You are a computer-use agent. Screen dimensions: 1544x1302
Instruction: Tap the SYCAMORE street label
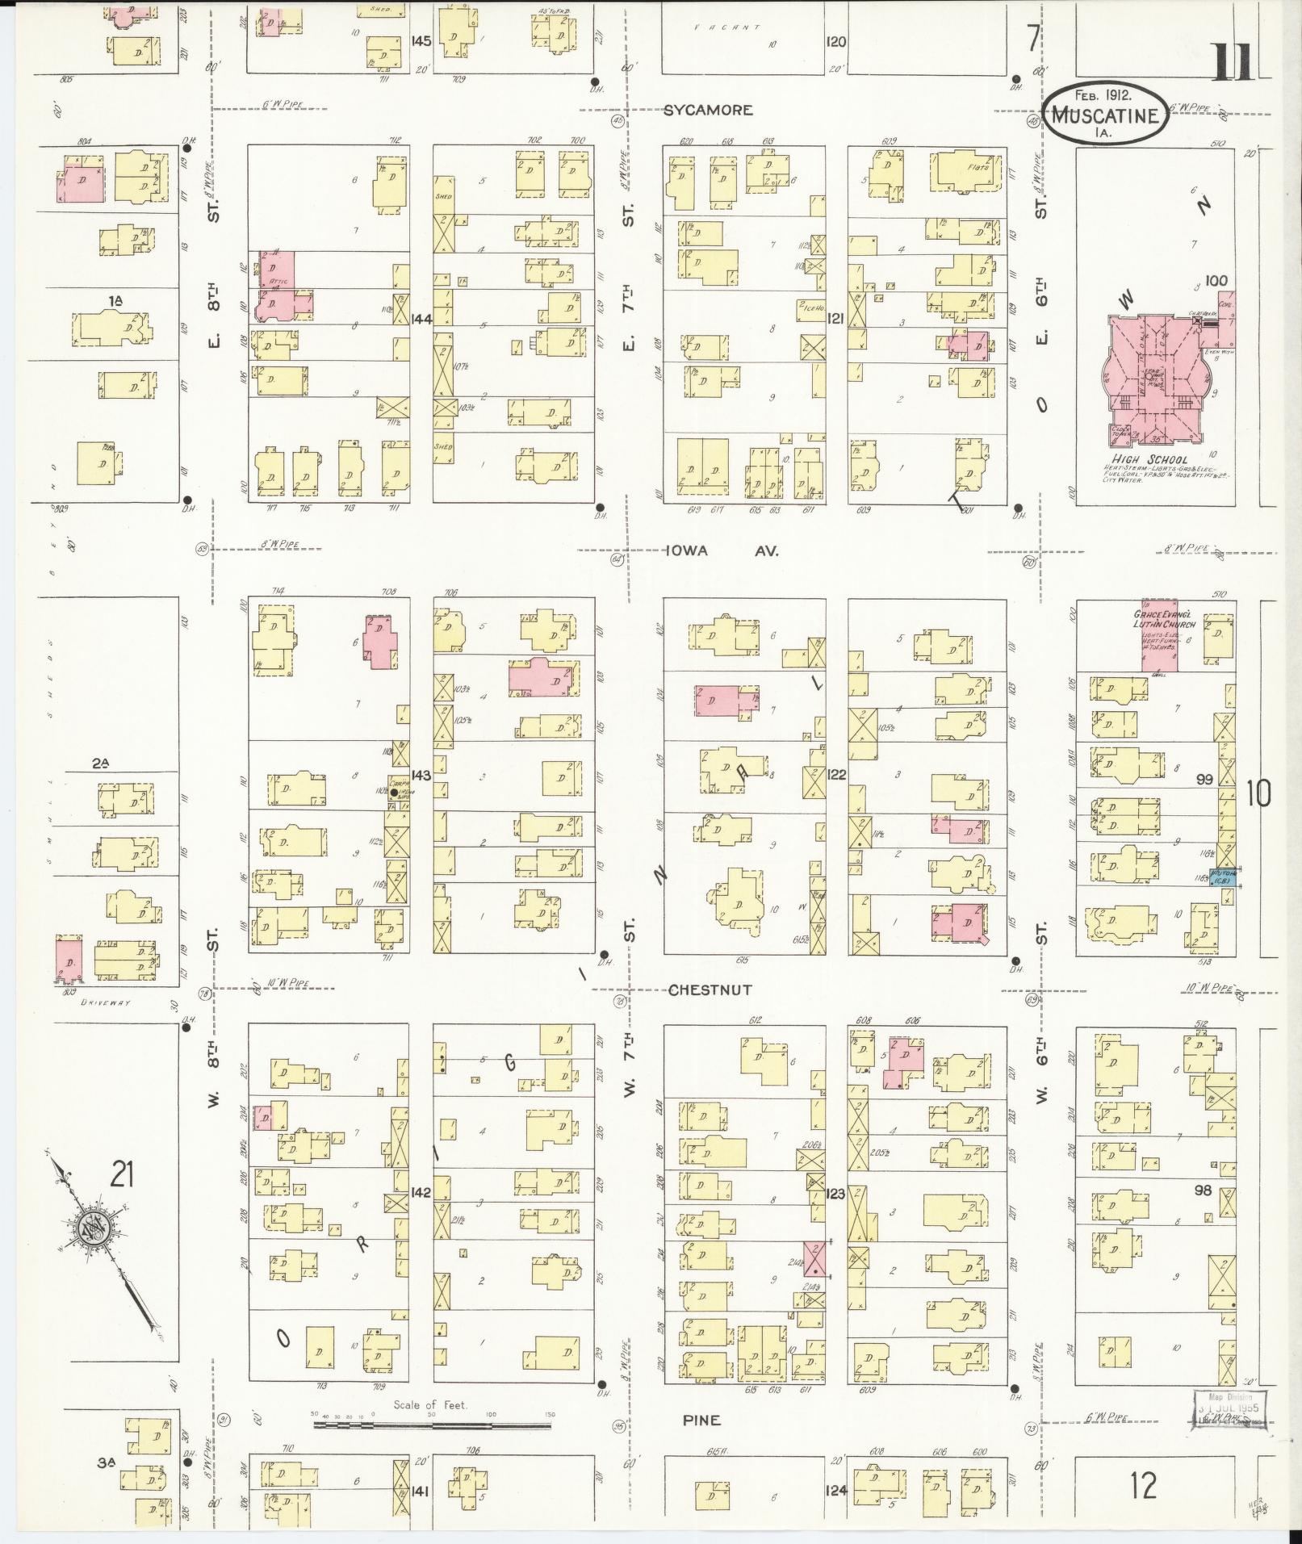click(x=708, y=111)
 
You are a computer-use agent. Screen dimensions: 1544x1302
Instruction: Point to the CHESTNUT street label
click(x=710, y=990)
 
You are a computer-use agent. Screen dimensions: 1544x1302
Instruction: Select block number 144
click(x=421, y=319)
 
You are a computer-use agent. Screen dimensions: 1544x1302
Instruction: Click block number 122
click(x=835, y=774)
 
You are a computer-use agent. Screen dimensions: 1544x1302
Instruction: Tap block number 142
click(x=421, y=1192)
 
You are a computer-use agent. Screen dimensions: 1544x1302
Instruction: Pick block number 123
click(x=835, y=1192)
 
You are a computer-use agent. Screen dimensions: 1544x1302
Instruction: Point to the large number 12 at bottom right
click(x=1144, y=1485)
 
